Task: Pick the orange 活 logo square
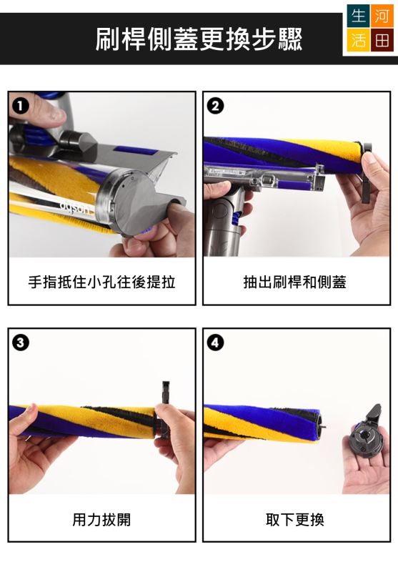[x=358, y=41]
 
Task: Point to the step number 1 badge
[x=20, y=107]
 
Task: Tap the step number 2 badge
[x=215, y=107]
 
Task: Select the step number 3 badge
[x=20, y=343]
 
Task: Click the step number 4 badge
[x=215, y=343]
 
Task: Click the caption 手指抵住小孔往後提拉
[x=101, y=282]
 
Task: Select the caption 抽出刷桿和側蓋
[x=295, y=282]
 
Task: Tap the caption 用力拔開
[x=101, y=519]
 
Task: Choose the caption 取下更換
[x=295, y=519]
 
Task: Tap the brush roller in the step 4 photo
[x=262, y=423]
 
